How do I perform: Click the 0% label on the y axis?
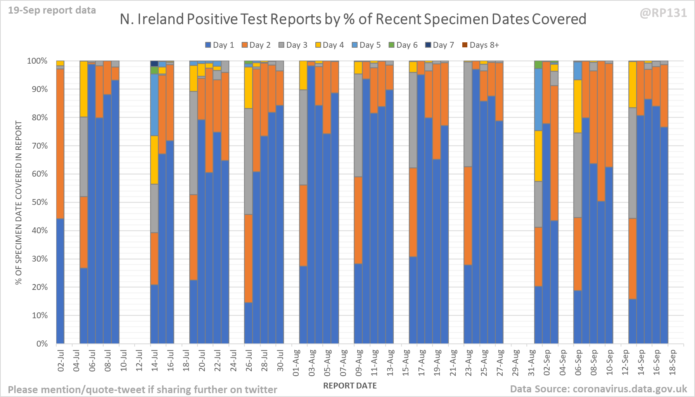[x=42, y=344]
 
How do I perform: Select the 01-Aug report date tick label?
[x=296, y=363]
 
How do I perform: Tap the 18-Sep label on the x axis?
[x=673, y=363]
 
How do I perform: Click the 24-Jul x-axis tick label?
[x=233, y=361]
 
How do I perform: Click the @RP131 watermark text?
[x=663, y=13]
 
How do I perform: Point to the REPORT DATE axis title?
[x=350, y=386]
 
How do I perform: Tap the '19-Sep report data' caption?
[x=52, y=10]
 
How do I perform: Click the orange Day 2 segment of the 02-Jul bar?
[x=60, y=144]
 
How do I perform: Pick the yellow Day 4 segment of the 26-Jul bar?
[x=248, y=88]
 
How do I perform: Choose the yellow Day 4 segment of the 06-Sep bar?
[x=577, y=106]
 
